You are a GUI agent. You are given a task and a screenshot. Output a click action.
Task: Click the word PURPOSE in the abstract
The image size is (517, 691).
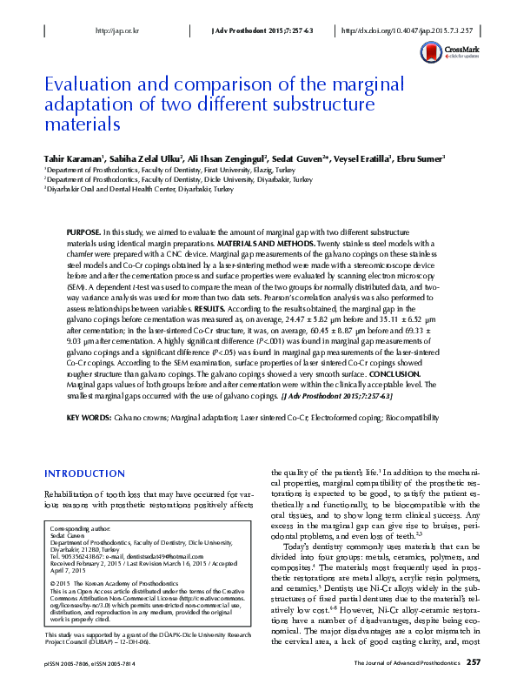pyautogui.click(x=83, y=234)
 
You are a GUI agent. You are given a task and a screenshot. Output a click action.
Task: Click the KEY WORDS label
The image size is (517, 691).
pyautogui.click(x=90, y=419)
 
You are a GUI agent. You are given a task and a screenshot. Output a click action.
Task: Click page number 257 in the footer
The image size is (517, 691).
pyautogui.click(x=474, y=663)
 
